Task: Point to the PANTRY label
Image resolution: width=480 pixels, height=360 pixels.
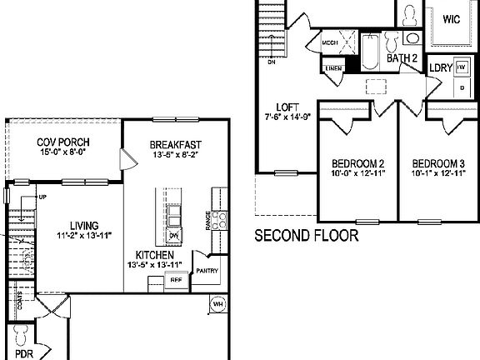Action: (207, 270)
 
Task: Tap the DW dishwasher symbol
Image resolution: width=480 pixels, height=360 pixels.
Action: (174, 237)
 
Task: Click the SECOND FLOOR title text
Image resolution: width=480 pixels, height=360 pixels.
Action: (306, 236)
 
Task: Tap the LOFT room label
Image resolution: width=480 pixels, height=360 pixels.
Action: (287, 107)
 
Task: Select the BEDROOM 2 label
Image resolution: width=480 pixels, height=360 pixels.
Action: (357, 162)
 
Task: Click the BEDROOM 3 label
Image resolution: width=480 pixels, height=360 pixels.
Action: (437, 162)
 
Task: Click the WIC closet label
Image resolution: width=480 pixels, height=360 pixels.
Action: (452, 18)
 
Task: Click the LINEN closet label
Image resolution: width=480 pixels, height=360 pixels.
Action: (334, 68)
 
